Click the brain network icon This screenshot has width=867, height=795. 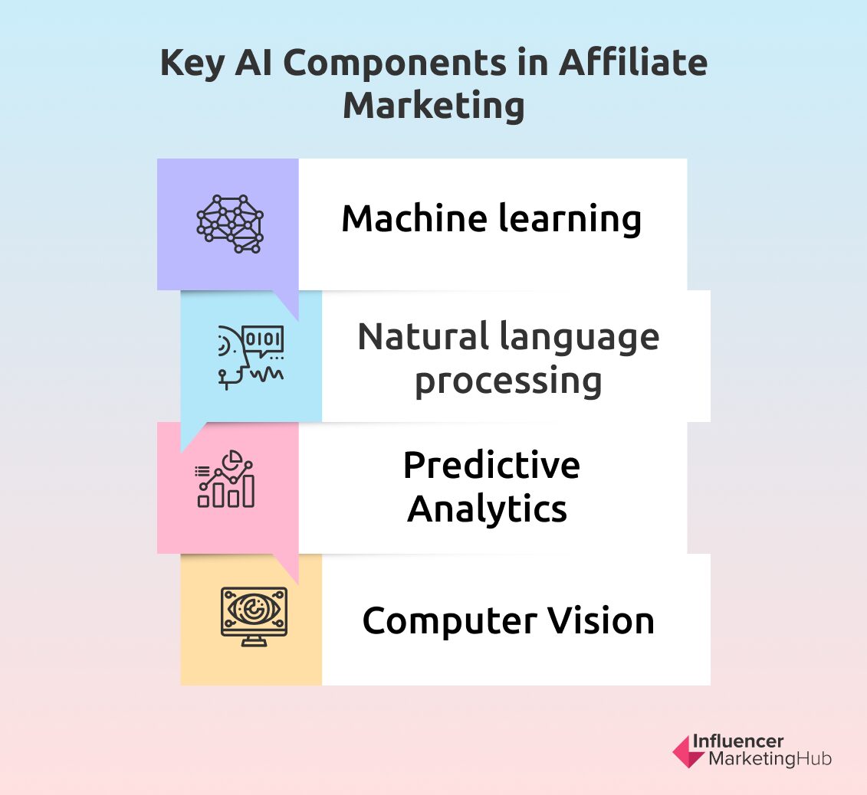coord(229,224)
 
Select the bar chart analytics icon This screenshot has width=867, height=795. coord(225,479)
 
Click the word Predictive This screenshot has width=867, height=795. coord(491,465)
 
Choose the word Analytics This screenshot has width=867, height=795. coord(488,509)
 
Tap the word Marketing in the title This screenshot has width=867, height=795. coord(433,106)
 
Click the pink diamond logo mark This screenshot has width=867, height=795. coord(688,751)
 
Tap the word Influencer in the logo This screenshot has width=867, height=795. coord(737,741)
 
